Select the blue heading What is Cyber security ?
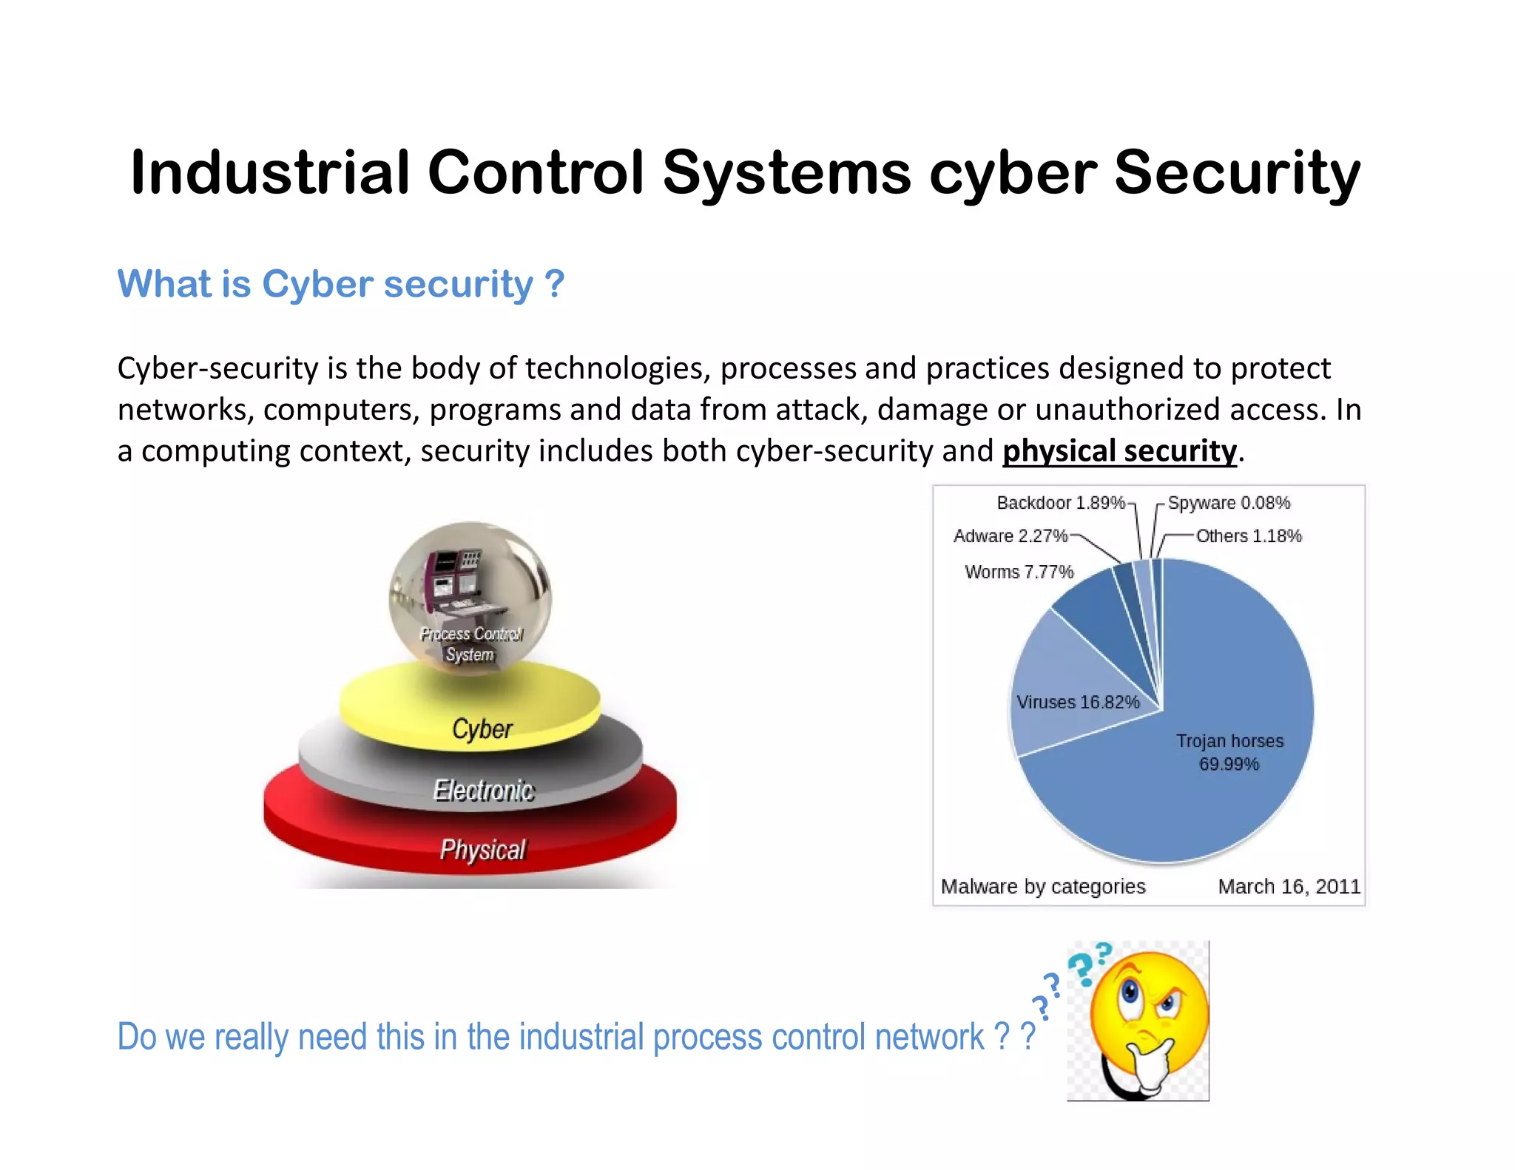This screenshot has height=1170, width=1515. click(x=340, y=284)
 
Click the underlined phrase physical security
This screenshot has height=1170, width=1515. click(x=1119, y=451)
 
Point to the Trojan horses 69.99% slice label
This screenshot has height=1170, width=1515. click(x=1229, y=752)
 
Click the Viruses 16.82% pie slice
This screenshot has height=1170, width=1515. click(x=1065, y=688)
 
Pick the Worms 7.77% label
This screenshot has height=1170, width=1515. click(x=1019, y=572)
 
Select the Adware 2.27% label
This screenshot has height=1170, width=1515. click(x=1010, y=535)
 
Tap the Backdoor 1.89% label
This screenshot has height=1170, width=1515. click(x=1060, y=503)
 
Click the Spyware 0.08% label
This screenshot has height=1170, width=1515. click(x=1229, y=503)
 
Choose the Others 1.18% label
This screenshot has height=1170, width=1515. click(x=1249, y=535)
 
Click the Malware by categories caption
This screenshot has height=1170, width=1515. click(x=1043, y=886)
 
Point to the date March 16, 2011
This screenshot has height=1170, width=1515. click(x=1289, y=886)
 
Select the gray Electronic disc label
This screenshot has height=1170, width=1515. click(x=483, y=790)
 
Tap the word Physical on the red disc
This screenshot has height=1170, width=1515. click(x=482, y=849)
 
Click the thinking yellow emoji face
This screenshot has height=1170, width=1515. click(x=1148, y=1021)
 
